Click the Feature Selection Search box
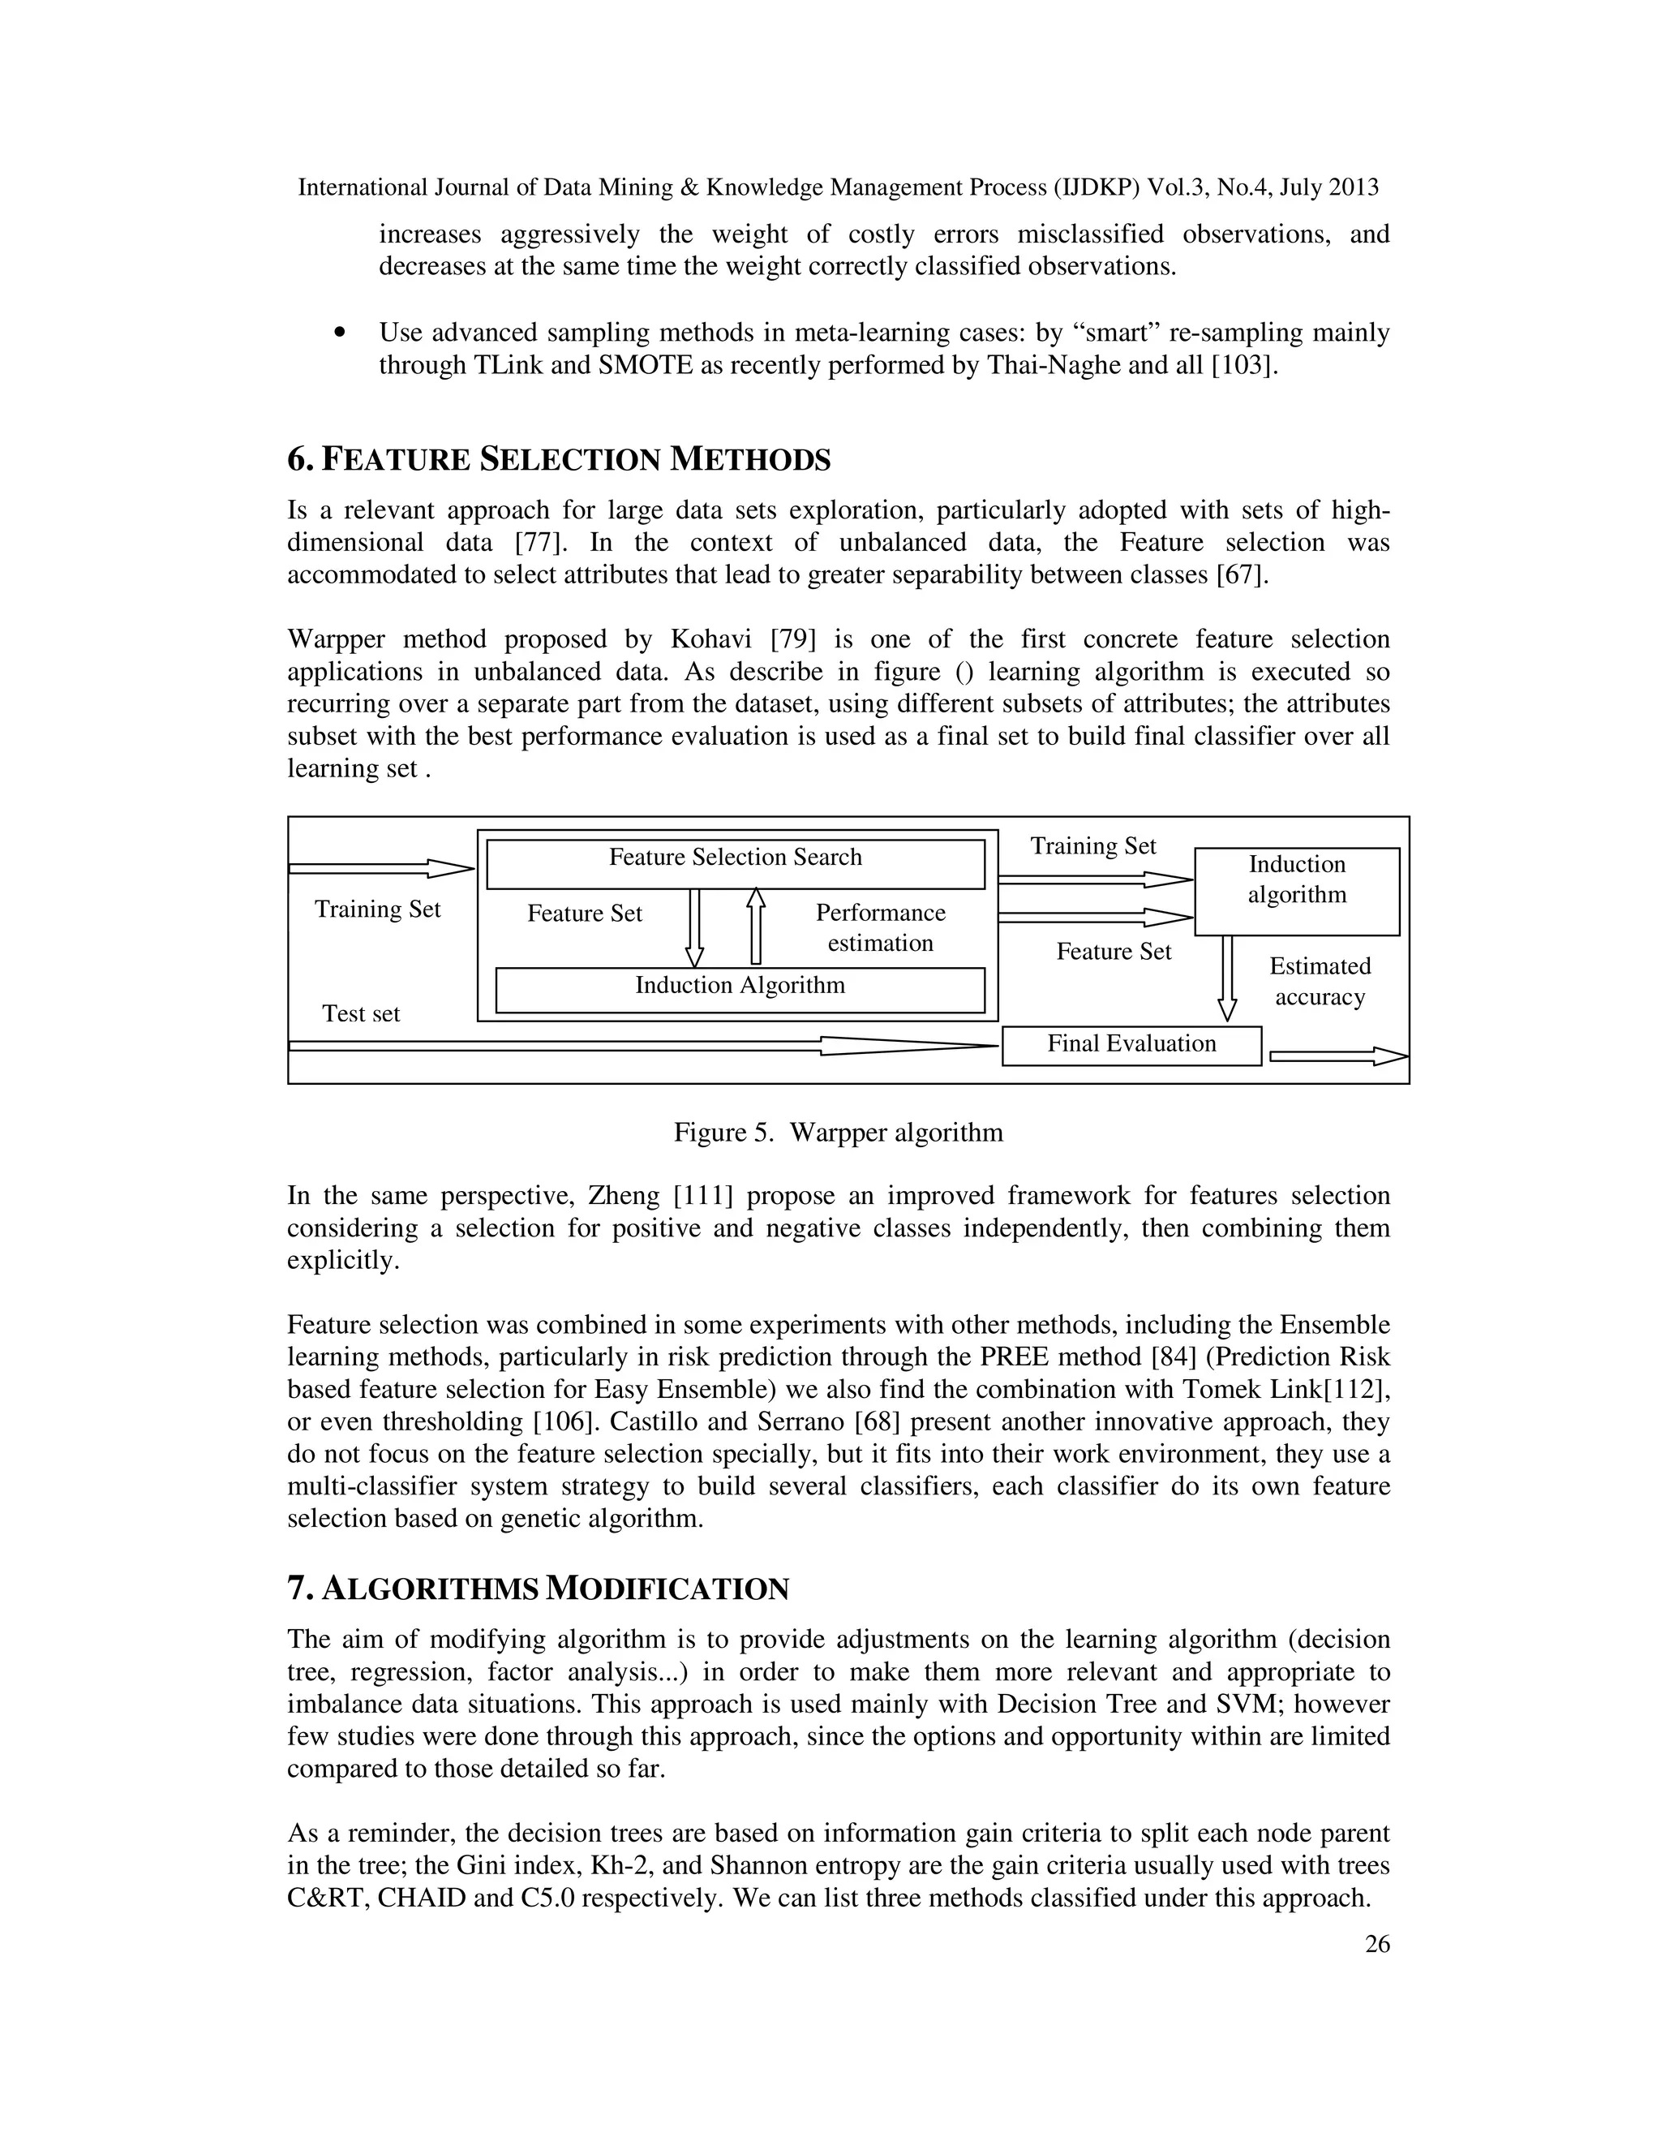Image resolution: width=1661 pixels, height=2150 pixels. [x=735, y=863]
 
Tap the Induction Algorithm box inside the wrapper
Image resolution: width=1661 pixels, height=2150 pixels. [x=739, y=988]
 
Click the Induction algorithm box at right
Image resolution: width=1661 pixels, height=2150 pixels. [x=1296, y=890]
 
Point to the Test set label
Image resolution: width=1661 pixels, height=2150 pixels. [x=361, y=1014]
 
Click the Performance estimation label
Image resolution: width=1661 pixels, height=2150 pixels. [x=880, y=927]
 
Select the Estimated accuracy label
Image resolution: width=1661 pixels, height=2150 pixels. [x=1320, y=982]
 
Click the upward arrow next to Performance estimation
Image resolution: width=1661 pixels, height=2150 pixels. [x=756, y=926]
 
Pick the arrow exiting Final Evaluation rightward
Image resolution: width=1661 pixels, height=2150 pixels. [x=1338, y=1056]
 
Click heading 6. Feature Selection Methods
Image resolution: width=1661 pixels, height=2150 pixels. [x=559, y=460]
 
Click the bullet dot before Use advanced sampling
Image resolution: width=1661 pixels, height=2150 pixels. [x=340, y=333]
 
